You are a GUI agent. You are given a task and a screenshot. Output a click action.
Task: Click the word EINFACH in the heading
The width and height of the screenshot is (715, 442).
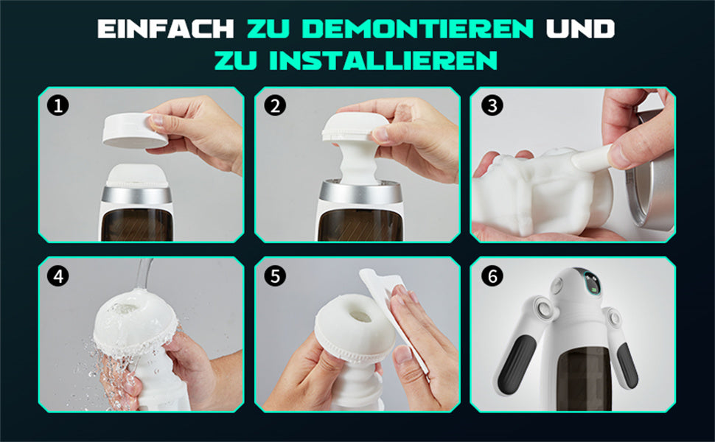(x=166, y=29)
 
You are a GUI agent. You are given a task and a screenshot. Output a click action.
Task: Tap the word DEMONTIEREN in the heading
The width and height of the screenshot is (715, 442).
(x=417, y=29)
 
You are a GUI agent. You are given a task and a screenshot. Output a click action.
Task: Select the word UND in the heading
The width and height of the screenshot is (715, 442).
(x=581, y=29)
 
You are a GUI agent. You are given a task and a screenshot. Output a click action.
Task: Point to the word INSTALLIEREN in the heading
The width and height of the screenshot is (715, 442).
(x=383, y=60)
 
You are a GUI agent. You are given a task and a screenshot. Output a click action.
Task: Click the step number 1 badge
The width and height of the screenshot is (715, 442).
(x=58, y=106)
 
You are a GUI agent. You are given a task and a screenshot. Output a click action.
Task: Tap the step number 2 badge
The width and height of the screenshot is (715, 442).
(x=275, y=106)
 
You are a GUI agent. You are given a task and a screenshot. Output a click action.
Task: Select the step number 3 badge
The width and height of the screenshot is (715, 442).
(x=492, y=106)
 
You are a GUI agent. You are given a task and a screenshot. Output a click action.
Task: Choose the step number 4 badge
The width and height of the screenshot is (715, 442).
(x=58, y=276)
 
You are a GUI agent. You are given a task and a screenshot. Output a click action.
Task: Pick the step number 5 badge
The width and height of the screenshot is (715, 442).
(x=275, y=276)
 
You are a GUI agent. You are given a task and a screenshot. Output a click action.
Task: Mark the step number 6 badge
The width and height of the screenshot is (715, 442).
(x=492, y=276)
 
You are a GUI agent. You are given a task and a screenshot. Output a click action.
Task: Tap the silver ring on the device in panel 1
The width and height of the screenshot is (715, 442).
(x=136, y=195)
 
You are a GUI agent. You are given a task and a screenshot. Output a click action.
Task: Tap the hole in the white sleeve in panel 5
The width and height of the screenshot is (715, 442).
(x=360, y=316)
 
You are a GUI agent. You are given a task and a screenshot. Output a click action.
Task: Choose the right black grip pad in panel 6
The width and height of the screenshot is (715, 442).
(x=627, y=365)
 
